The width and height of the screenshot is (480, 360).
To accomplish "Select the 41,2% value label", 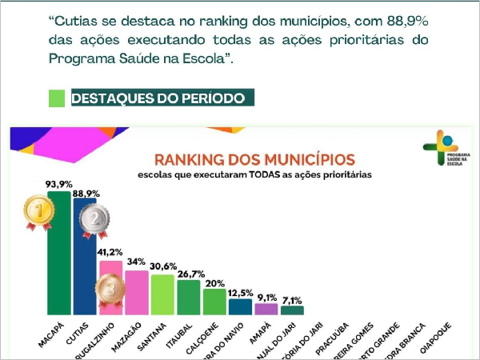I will pyautogui.click(x=110, y=253).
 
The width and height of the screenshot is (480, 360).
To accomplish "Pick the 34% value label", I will pyautogui.click(x=137, y=262).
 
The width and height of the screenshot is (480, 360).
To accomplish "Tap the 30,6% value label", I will pyautogui.click(x=162, y=267).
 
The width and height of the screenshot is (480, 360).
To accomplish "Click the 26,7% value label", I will pyautogui.click(x=189, y=273).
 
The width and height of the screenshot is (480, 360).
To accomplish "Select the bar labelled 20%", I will pyautogui.click(x=214, y=302).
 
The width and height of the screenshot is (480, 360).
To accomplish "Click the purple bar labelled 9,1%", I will pyautogui.click(x=266, y=309).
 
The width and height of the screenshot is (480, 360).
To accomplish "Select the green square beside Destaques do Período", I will pyautogui.click(x=57, y=98).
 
